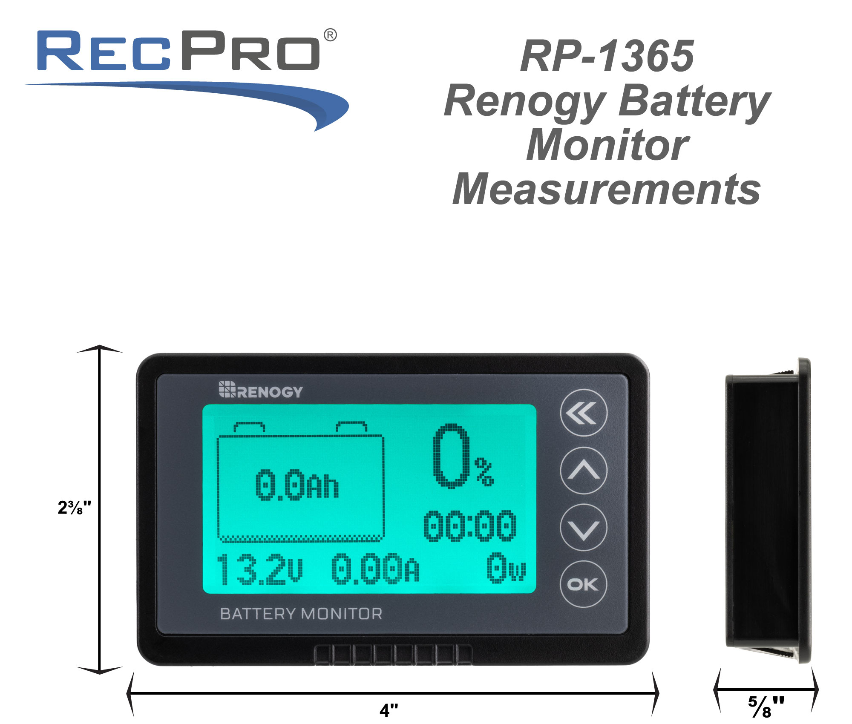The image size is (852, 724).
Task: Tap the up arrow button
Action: coord(583,470)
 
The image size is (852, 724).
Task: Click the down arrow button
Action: coord(583,527)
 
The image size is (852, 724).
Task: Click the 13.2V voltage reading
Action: coord(260,569)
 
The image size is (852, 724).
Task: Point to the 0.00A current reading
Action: coord(375,568)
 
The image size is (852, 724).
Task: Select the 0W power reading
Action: coord(506,567)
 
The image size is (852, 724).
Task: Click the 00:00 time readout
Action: coord(470,526)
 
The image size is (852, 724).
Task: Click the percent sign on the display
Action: coord(484,472)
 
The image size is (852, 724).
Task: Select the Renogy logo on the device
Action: coord(261,390)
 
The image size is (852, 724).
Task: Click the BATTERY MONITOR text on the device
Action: coord(301,614)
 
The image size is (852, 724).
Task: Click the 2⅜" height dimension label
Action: coord(74,507)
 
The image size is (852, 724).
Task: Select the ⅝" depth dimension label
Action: coord(766,707)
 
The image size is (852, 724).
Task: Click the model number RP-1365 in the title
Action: coord(607,56)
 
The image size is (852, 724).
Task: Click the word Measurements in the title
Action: coord(607,189)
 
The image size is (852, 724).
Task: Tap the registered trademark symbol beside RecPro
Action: coord(330,35)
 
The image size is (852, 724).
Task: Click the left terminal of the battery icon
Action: coord(249,427)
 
